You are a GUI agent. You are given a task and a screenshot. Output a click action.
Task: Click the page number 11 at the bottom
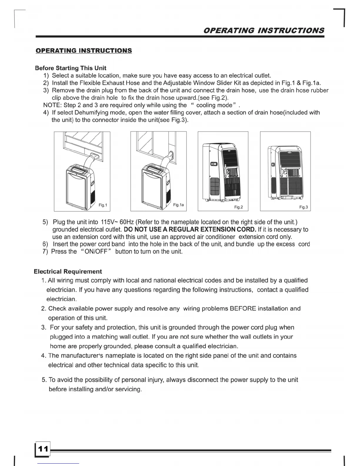pyautogui.click(x=43, y=449)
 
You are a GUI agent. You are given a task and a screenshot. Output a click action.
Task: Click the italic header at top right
pyautogui.click(x=264, y=30)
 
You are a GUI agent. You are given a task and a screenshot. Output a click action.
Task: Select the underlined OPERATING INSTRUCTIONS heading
pyautogui.click(x=84, y=51)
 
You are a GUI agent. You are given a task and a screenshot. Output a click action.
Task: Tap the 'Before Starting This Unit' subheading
pyautogui.click(x=71, y=68)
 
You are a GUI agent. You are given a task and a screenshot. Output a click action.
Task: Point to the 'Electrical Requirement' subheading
pyautogui.click(x=68, y=272)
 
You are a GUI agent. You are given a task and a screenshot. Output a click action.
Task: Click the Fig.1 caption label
pyautogui.click(x=103, y=205)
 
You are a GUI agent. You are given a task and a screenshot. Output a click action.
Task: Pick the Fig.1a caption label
pyautogui.click(x=179, y=205)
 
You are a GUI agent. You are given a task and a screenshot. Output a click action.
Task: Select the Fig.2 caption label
pyautogui.click(x=239, y=207)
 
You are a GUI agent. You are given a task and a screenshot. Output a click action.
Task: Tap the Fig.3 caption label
pyautogui.click(x=304, y=207)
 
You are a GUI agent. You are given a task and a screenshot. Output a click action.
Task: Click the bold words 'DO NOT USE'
pyautogui.click(x=141, y=229)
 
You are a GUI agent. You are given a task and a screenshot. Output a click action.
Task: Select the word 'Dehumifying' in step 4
pyautogui.click(x=91, y=113)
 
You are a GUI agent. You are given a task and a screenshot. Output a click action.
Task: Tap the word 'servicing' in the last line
pyautogui.click(x=129, y=389)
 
